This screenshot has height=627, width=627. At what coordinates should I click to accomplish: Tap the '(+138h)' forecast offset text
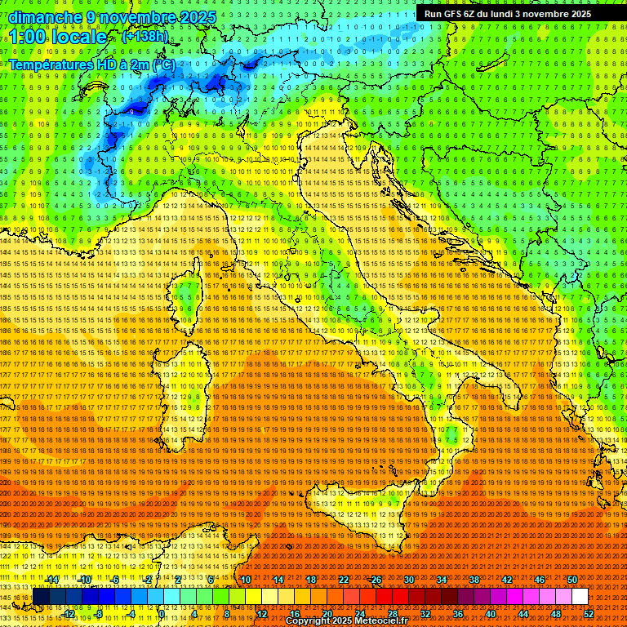(145, 36)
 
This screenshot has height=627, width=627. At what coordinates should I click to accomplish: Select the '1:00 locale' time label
(58, 38)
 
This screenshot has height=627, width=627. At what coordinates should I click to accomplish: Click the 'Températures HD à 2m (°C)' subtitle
(91, 64)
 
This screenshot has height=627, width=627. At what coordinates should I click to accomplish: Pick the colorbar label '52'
(588, 614)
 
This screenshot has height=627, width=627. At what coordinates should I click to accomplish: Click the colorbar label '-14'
(52, 580)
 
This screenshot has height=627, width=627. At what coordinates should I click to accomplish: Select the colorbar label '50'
(572, 580)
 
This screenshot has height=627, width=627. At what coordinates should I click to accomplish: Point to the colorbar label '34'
(442, 580)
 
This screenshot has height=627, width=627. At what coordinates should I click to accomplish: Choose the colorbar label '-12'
(68, 614)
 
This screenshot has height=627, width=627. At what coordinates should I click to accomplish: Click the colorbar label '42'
(507, 580)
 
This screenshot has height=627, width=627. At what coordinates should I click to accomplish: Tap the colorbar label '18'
(311, 580)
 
